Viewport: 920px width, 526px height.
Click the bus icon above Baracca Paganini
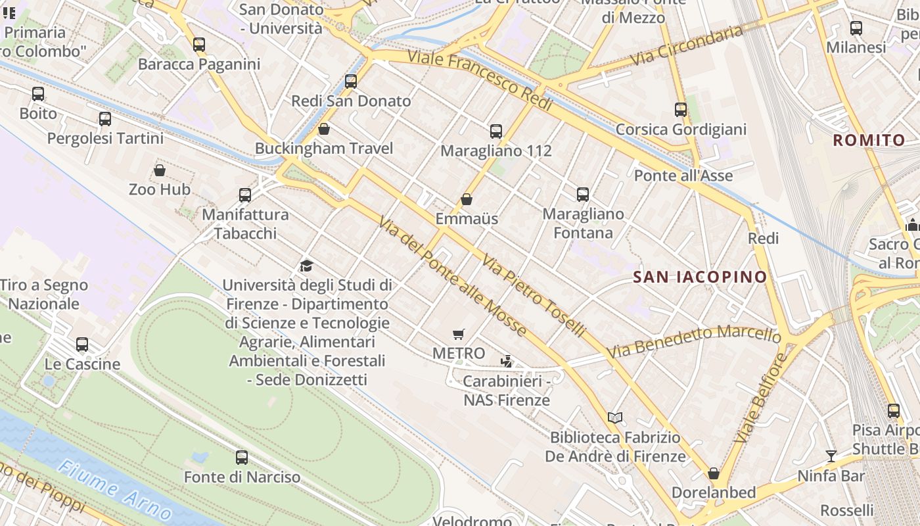(x=199, y=45)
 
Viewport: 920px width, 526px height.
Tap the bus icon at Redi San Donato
(x=351, y=82)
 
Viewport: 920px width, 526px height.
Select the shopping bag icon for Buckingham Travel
(x=323, y=129)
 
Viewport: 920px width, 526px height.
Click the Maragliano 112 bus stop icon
(x=496, y=131)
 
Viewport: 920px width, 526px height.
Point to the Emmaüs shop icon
(x=467, y=199)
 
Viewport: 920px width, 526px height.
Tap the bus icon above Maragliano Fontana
(x=583, y=195)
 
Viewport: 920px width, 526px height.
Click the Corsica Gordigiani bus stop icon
(x=681, y=110)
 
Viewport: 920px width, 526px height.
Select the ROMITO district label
(x=869, y=140)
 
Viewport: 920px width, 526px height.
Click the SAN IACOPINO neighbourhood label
(x=701, y=277)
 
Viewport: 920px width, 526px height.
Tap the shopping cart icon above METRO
(x=459, y=335)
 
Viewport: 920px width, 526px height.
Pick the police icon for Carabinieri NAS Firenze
(x=506, y=361)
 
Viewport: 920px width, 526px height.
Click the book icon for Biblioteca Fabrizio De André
(x=615, y=418)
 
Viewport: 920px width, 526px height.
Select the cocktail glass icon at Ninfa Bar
(x=831, y=456)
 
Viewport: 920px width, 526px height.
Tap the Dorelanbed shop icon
(x=714, y=473)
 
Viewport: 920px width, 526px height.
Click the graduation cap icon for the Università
(x=306, y=266)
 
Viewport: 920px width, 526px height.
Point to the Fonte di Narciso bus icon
(x=242, y=458)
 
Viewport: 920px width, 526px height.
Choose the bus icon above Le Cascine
(x=82, y=345)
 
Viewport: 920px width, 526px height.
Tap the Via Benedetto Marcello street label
(x=694, y=341)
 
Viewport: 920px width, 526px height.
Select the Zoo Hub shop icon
(x=159, y=171)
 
